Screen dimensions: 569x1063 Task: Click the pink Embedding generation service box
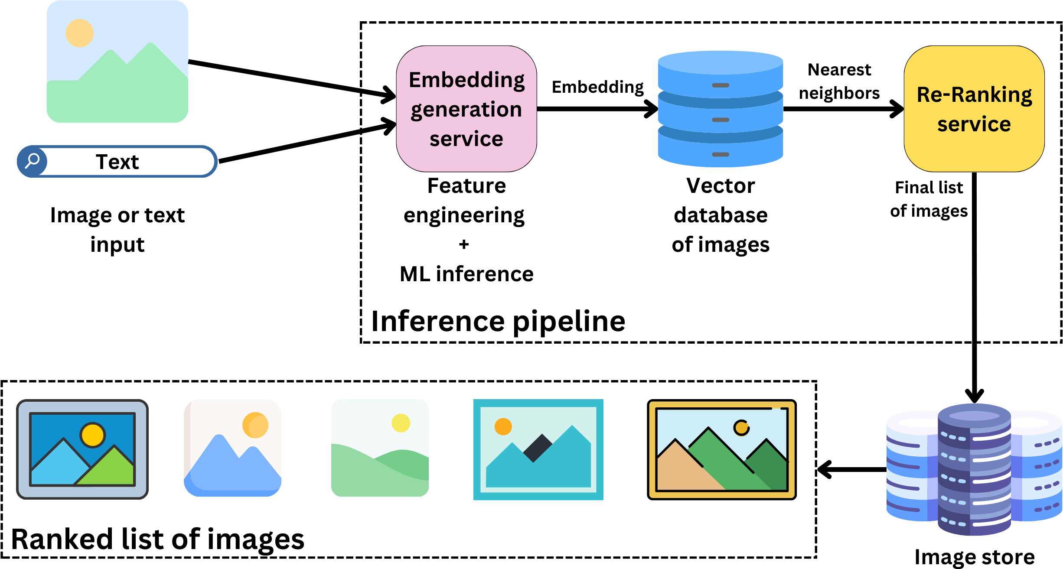click(466, 109)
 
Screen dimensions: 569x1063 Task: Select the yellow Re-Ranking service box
click(974, 109)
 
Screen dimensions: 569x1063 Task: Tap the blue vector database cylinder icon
click(720, 109)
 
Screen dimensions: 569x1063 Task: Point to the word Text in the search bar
click(117, 162)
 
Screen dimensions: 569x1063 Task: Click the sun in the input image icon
click(79, 33)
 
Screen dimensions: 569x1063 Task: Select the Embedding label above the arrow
click(597, 87)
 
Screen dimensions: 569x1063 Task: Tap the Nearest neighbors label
click(839, 81)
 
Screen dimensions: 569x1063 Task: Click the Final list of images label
click(929, 199)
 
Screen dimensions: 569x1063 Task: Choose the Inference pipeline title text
click(498, 322)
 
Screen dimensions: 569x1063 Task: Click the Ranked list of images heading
click(157, 540)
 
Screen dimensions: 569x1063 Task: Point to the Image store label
click(974, 557)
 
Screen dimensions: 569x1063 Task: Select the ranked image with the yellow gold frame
click(721, 450)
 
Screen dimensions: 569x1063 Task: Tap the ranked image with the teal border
click(538, 450)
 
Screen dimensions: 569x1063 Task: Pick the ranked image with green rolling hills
click(380, 448)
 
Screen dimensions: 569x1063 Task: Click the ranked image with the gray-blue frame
click(82, 449)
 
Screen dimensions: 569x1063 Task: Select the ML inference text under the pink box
click(466, 274)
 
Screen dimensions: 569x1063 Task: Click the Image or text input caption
click(117, 230)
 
